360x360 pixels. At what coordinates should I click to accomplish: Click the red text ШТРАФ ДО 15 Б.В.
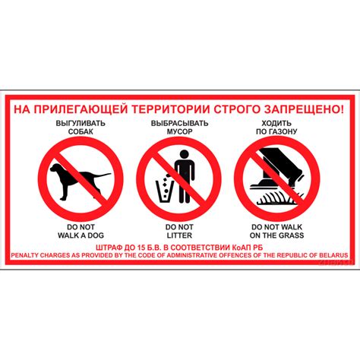pyautogui.click(x=133, y=247)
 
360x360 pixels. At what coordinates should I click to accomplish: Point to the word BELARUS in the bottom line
pyautogui.click(x=332, y=254)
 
